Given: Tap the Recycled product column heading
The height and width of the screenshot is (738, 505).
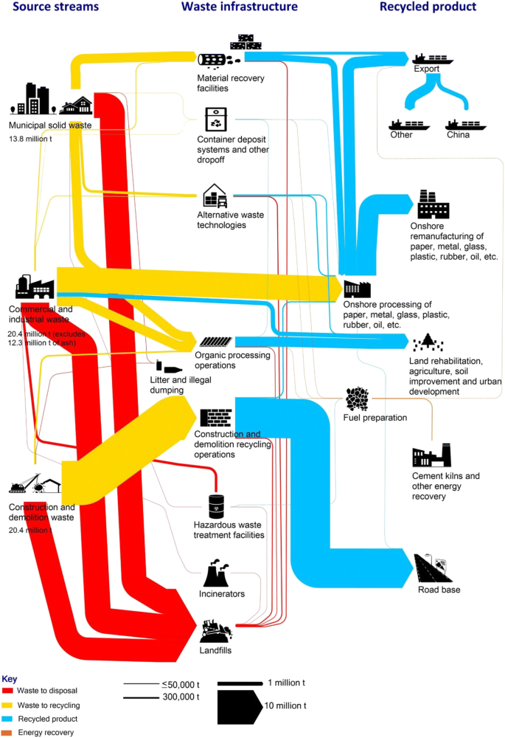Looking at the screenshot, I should [x=428, y=7].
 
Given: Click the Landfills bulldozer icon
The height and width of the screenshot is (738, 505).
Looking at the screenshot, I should [x=217, y=630].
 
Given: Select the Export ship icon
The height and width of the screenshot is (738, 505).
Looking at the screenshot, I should [x=433, y=58].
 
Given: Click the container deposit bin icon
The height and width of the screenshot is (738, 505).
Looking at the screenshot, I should [x=217, y=119].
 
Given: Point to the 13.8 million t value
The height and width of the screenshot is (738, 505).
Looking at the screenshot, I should [x=33, y=138].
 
